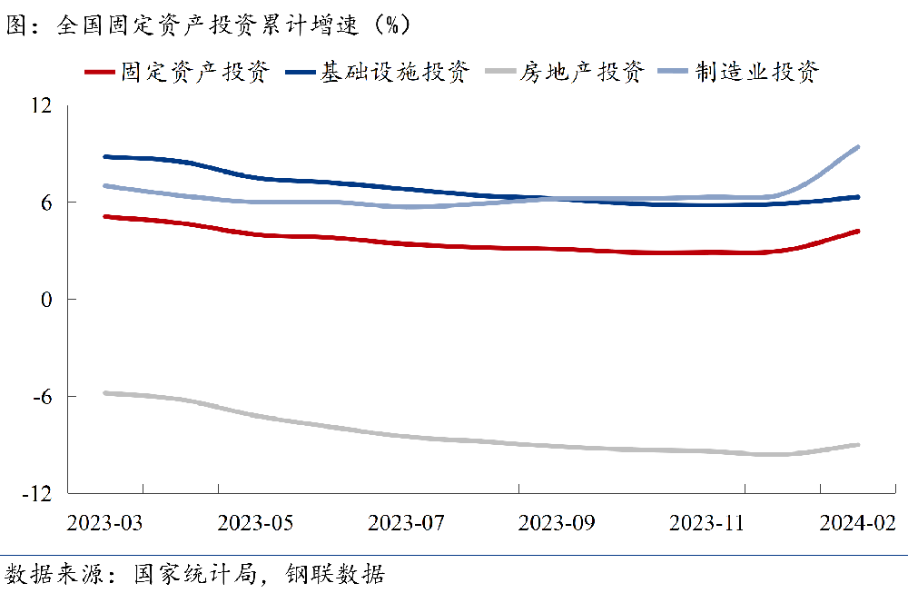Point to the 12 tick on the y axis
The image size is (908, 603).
[40, 105]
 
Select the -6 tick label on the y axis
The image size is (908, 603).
[40, 397]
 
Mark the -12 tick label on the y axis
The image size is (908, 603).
[35, 493]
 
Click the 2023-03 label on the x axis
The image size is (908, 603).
[105, 524]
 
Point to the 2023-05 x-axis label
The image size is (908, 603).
[255, 524]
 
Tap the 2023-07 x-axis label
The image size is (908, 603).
[406, 524]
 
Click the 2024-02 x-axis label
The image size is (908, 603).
[857, 524]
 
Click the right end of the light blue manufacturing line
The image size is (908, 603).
[858, 146]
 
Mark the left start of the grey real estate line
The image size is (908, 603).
[105, 392]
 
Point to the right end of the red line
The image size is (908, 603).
[858, 231]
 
